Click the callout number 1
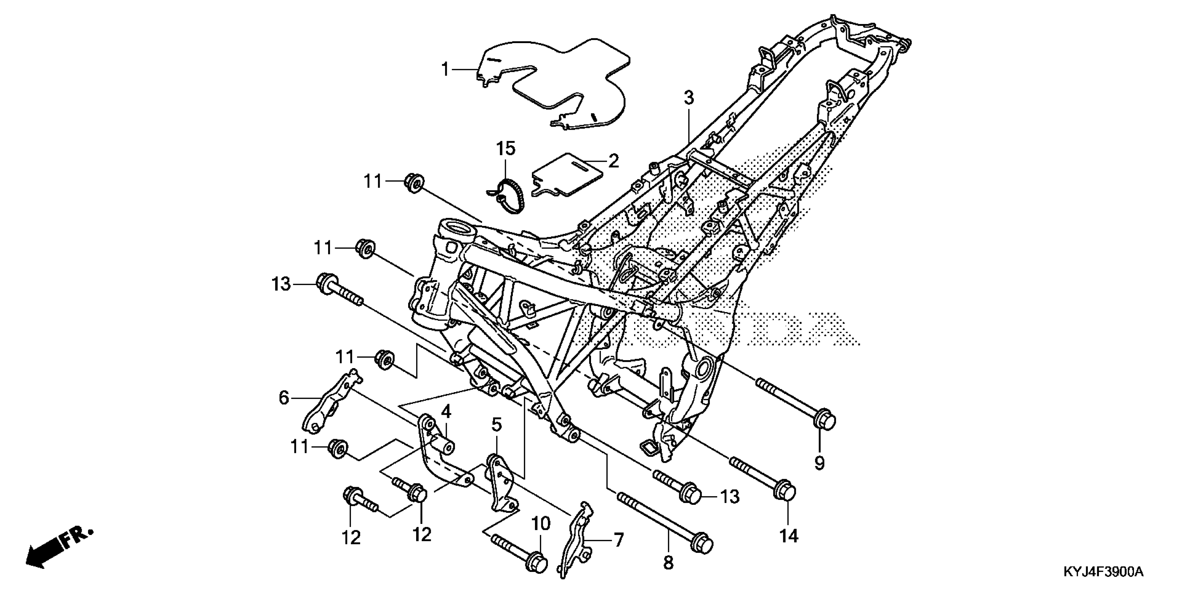[x=445, y=70]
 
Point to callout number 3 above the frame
[x=688, y=98]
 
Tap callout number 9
[x=819, y=463]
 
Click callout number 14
[x=789, y=535]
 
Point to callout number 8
[x=668, y=562]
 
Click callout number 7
[x=618, y=540]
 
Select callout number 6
[x=284, y=398]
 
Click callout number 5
[x=496, y=426]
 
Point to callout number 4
[x=446, y=412]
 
